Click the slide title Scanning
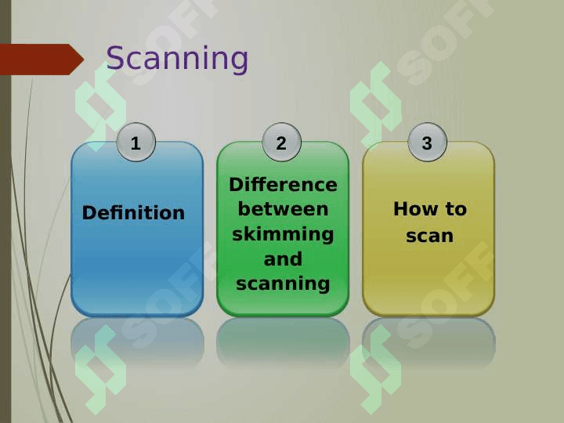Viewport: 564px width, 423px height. (177, 58)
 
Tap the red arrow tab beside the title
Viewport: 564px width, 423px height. (42, 60)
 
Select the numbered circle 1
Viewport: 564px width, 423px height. (136, 143)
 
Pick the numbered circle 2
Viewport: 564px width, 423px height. (282, 143)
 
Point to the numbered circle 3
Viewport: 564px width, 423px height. (428, 143)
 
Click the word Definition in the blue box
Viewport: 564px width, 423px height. (133, 212)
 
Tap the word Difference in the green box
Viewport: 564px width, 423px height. (283, 185)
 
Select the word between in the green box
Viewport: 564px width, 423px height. (283, 209)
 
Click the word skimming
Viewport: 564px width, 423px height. (283, 235)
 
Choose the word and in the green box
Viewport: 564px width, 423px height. (283, 259)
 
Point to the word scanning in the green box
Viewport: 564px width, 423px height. (283, 284)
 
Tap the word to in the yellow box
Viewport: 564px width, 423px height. (456, 209)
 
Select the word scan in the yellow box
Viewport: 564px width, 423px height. (430, 236)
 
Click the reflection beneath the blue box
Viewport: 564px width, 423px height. (137, 342)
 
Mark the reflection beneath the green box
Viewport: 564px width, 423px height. (283, 342)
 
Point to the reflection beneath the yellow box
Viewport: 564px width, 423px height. (428, 342)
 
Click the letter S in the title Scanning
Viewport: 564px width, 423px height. (114, 58)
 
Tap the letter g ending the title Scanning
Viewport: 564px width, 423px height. (238, 63)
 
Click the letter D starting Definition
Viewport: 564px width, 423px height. (90, 212)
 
